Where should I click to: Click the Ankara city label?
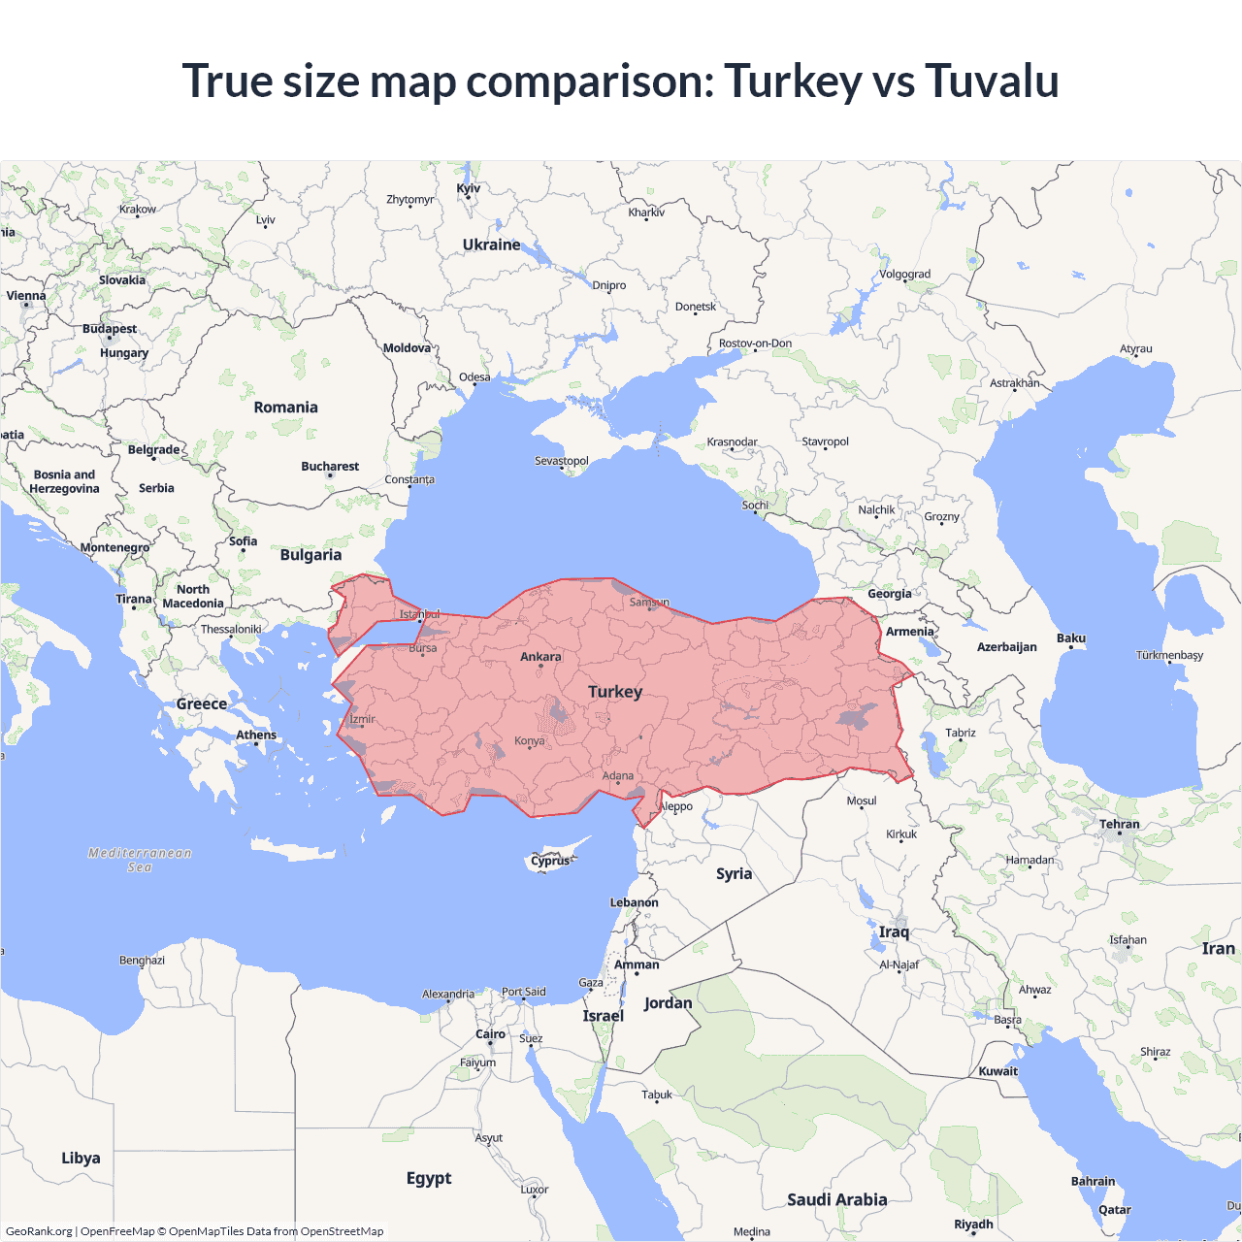click(x=540, y=657)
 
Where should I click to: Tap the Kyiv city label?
click(x=469, y=188)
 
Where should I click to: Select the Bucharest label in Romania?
click(x=330, y=467)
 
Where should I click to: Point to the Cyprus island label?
click(x=550, y=861)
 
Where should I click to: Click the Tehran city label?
click(x=1120, y=824)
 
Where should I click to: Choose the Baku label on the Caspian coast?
click(x=1071, y=638)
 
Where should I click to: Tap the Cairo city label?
click(x=490, y=1034)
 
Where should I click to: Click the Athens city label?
click(x=256, y=735)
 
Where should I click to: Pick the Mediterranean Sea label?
click(x=140, y=860)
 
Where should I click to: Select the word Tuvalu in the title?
click(x=991, y=81)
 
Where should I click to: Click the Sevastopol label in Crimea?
click(x=562, y=461)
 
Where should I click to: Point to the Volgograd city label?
click(x=904, y=275)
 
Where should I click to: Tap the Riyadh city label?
click(x=973, y=1224)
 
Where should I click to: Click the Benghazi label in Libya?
click(x=142, y=961)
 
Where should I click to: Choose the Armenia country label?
click(x=910, y=632)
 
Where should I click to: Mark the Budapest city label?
click(x=110, y=329)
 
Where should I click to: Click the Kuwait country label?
click(x=998, y=1071)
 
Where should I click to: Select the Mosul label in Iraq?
click(x=862, y=801)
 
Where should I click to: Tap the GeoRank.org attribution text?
click(x=39, y=1231)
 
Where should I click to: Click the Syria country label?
click(x=735, y=873)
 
